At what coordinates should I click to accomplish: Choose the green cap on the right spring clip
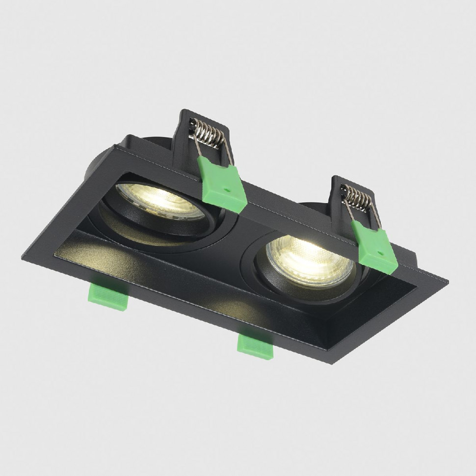point(375,248)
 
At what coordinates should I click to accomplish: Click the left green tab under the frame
point(108,296)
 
